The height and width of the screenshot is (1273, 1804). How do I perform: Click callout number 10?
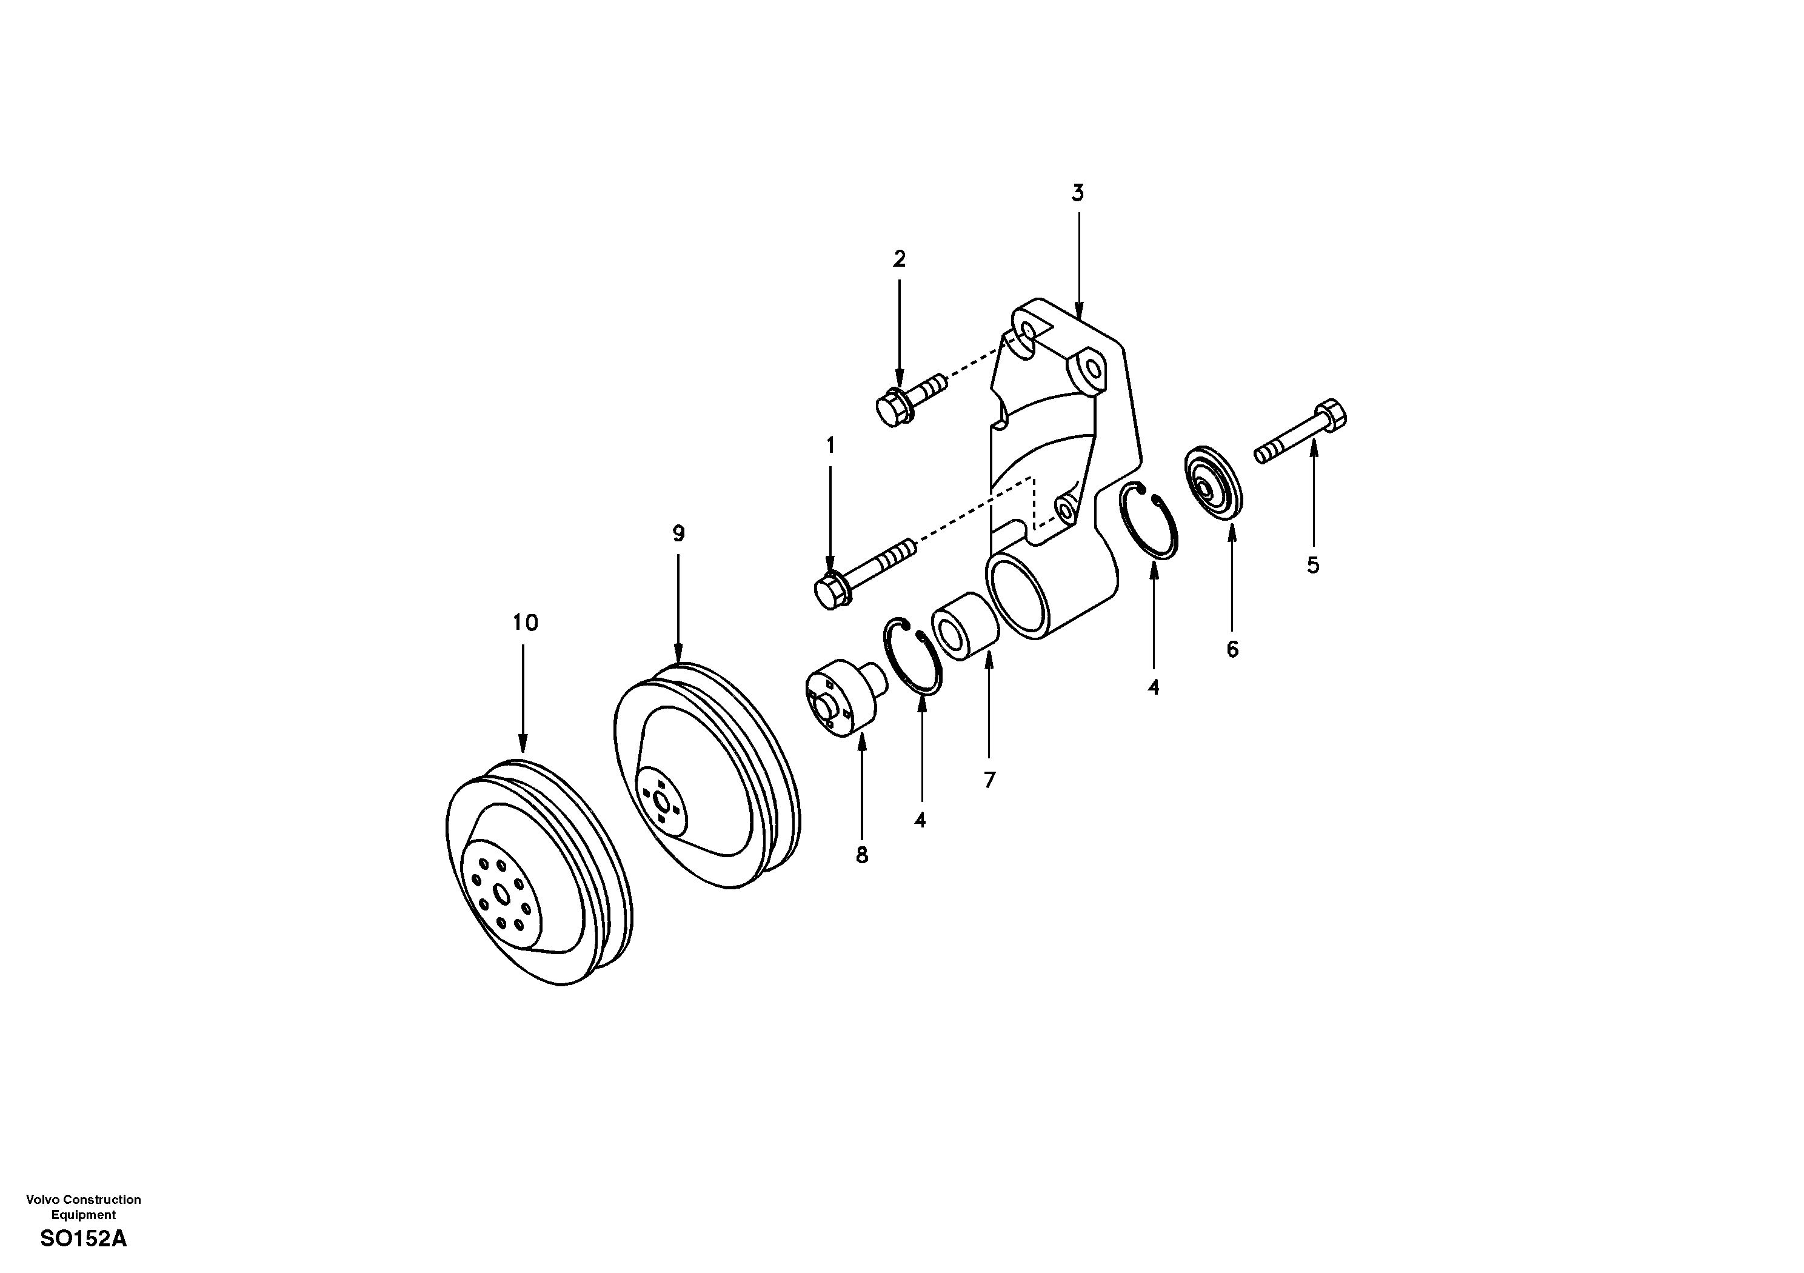(525, 623)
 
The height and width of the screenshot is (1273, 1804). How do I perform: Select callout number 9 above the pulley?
(678, 533)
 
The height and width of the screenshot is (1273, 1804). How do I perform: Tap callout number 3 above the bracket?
(1078, 193)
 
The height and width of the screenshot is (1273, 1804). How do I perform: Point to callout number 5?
(1313, 565)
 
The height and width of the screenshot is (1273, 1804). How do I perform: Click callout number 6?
(1231, 649)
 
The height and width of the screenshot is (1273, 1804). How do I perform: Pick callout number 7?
(989, 780)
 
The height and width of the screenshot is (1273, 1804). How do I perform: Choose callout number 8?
(862, 855)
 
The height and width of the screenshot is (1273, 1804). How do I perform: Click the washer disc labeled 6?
(1215, 483)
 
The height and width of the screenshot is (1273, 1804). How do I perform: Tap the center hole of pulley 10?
(501, 894)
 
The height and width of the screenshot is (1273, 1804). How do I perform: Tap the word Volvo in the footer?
(42, 1199)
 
